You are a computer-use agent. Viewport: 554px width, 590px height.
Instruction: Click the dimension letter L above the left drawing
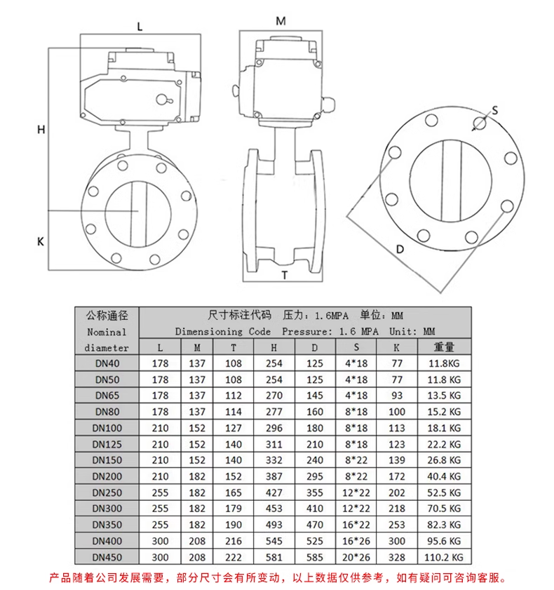(140, 27)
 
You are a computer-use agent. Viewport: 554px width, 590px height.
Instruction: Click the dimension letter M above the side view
(281, 21)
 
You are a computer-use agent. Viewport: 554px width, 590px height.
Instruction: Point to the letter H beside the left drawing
(41, 130)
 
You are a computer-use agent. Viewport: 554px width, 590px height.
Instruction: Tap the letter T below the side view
(285, 276)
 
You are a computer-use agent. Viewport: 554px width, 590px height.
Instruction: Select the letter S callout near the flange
(495, 110)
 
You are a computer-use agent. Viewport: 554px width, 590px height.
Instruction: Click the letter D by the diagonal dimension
(400, 249)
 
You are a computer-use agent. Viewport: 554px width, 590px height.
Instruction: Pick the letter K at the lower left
(41, 241)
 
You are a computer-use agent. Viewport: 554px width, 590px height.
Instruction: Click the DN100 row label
(107, 428)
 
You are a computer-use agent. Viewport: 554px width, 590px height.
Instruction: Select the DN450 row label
(107, 557)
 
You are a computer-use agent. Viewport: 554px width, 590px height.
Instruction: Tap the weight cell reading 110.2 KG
(444, 557)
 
